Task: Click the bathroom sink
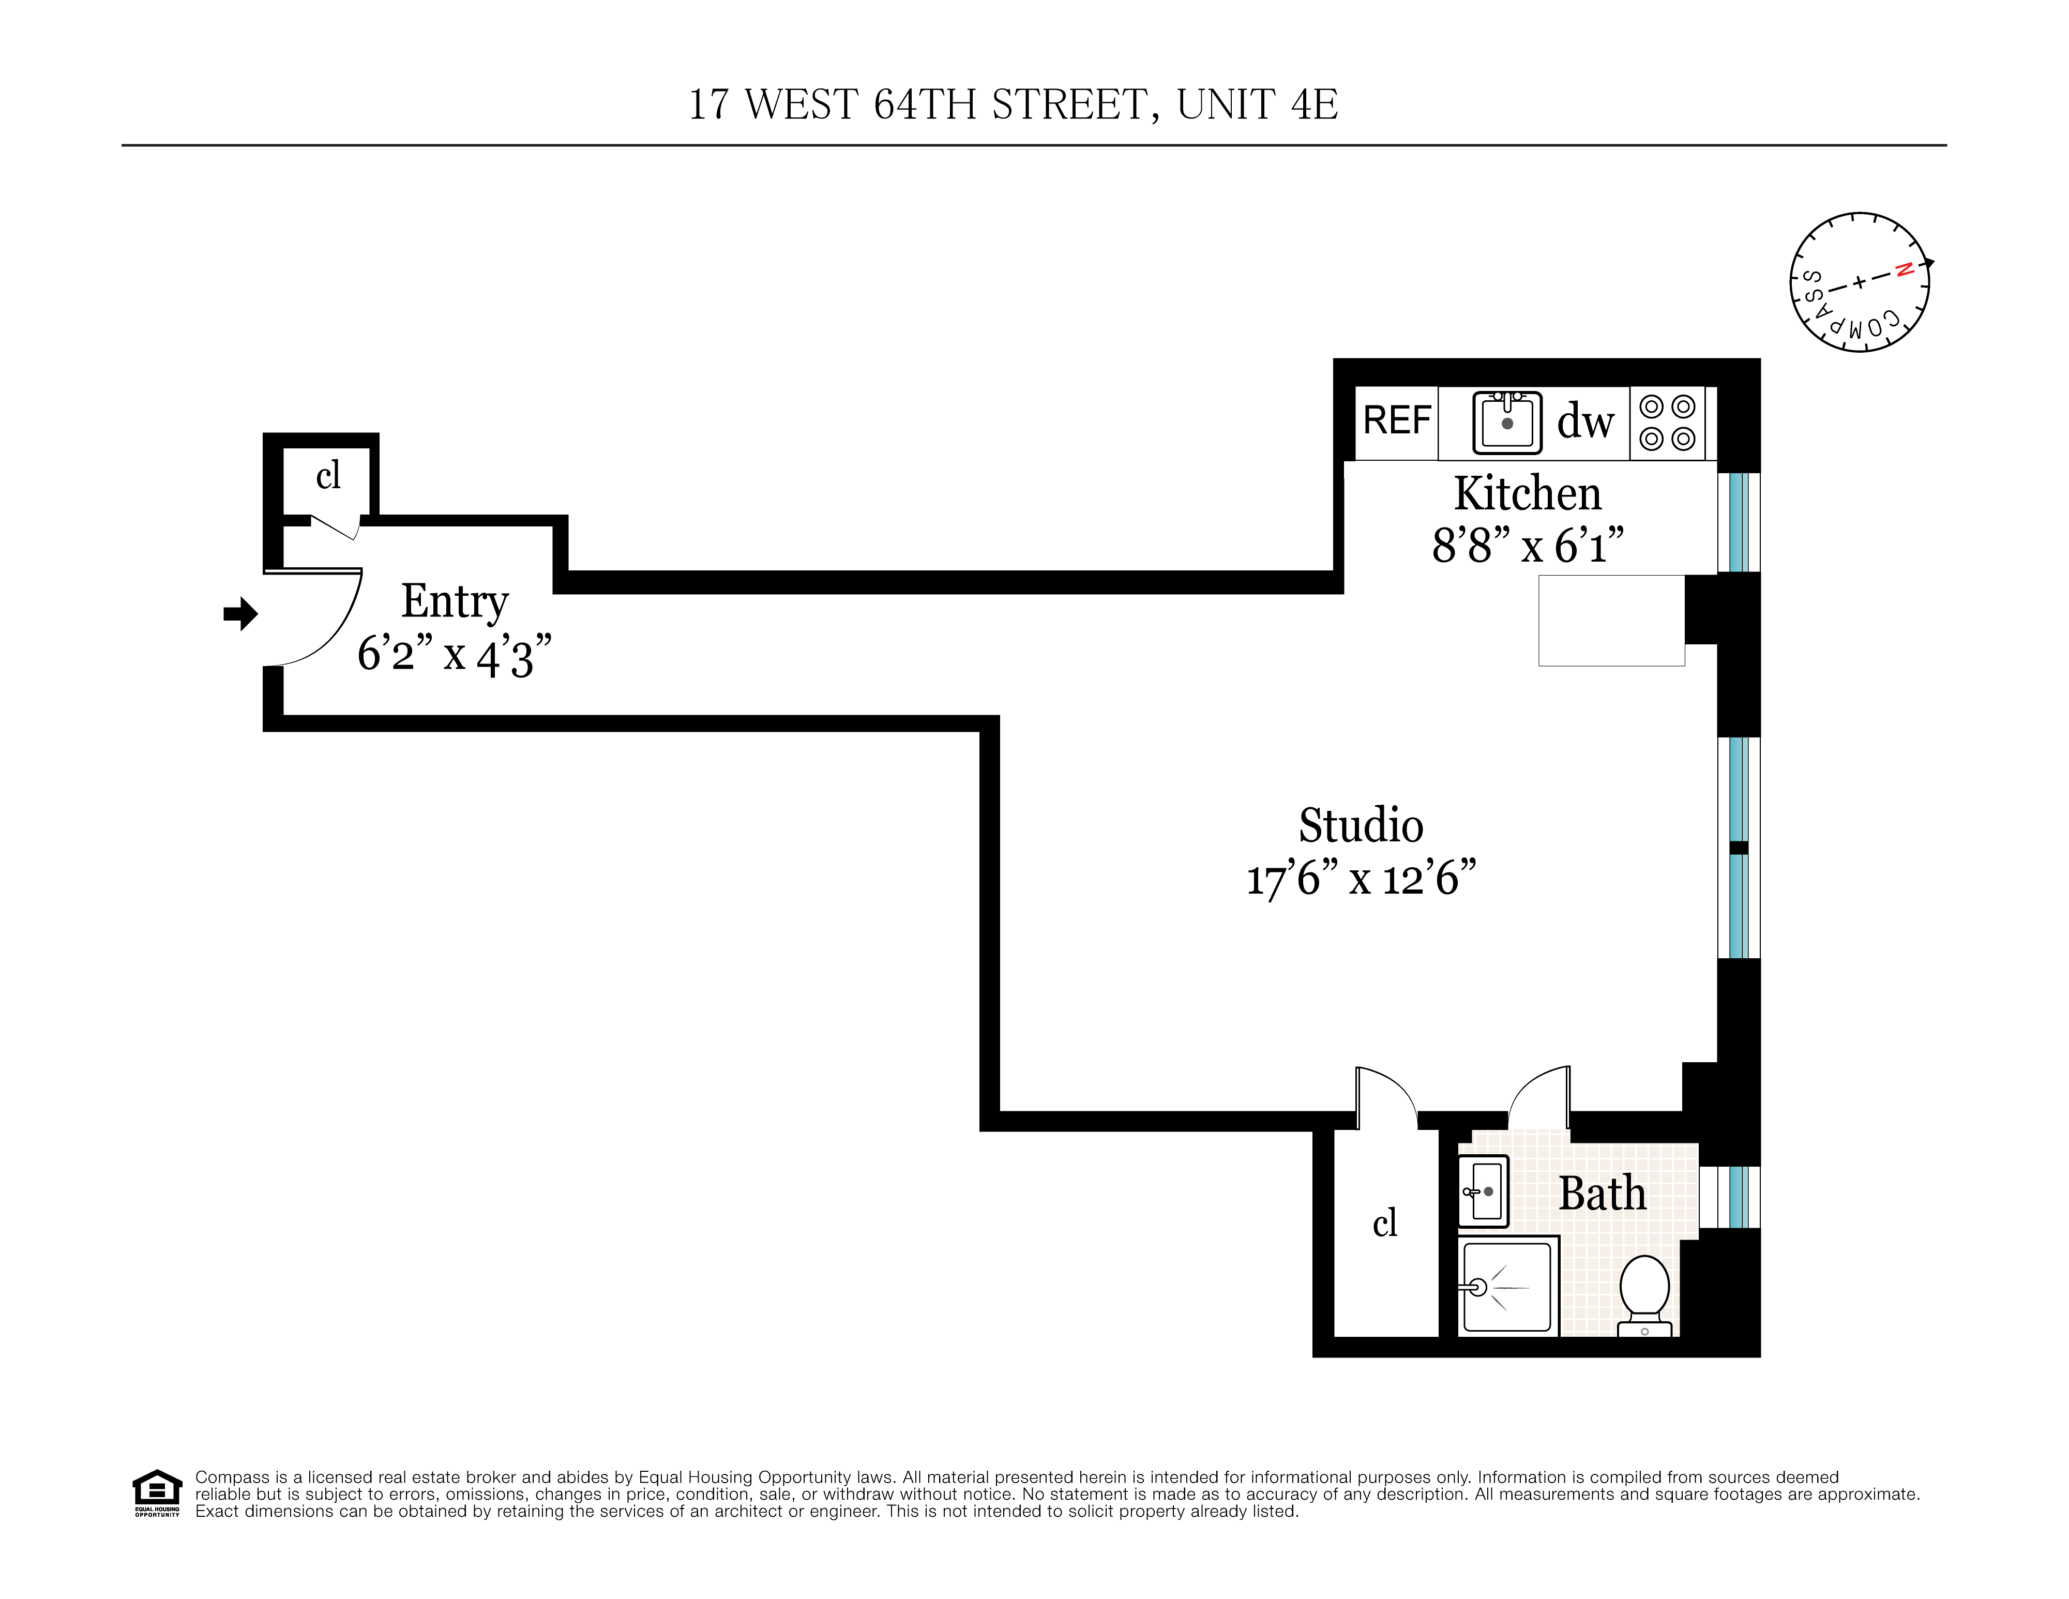[1483, 1191]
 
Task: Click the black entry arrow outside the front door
[240, 614]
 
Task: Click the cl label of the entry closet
[328, 476]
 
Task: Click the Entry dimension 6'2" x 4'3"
[454, 654]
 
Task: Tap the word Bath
[1602, 1194]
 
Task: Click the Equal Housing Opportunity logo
[156, 1493]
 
